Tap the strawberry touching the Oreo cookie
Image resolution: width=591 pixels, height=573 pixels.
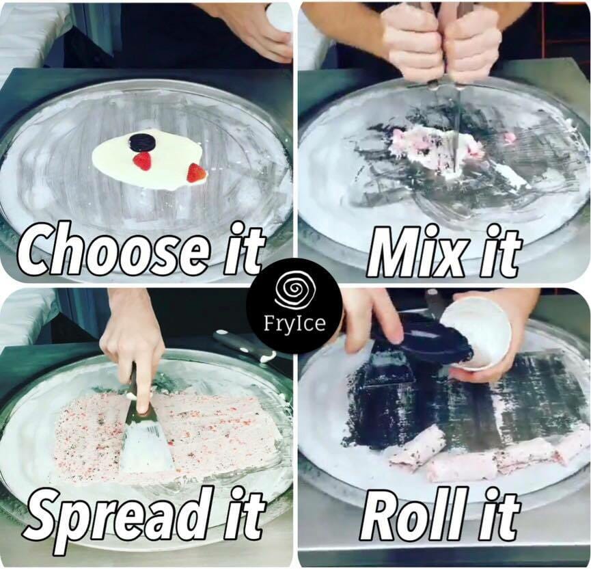point(143,161)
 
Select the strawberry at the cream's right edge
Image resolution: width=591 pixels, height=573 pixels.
point(196,173)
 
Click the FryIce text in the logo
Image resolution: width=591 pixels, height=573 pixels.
point(294,323)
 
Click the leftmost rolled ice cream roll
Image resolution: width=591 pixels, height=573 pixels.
point(415,448)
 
